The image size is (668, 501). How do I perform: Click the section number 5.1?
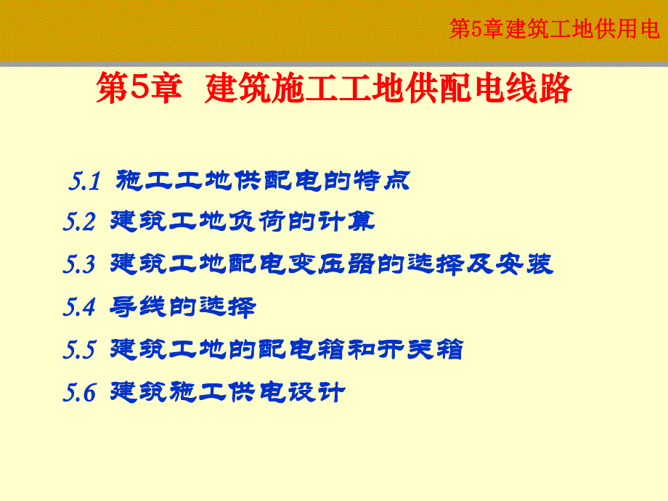pyautogui.click(x=84, y=182)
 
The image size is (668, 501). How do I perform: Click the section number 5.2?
pyautogui.click(x=79, y=222)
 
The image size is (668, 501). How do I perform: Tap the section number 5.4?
pyautogui.click(x=79, y=308)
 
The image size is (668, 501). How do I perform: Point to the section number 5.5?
pyautogui.click(x=79, y=351)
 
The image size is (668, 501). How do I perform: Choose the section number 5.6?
pyautogui.click(x=79, y=394)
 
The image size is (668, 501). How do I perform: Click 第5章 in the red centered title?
pyautogui.click(x=138, y=91)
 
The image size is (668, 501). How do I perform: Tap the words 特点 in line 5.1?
pyautogui.click(x=387, y=180)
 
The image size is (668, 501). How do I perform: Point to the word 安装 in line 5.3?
pyautogui.click(x=529, y=264)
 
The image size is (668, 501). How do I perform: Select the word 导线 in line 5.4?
pyautogui.click(x=134, y=306)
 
